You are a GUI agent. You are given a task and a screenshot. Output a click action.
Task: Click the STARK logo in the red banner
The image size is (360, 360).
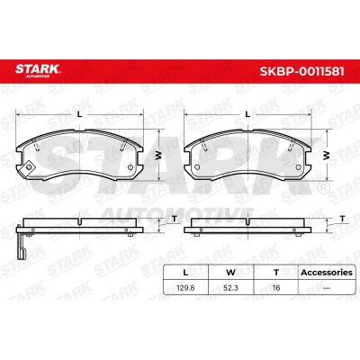click(38, 70)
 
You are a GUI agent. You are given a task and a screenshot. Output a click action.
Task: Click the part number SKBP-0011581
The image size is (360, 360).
click(301, 71)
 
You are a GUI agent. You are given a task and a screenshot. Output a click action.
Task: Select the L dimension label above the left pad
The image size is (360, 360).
click(80, 114)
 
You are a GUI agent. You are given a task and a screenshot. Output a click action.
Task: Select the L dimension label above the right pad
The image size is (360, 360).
click(247, 114)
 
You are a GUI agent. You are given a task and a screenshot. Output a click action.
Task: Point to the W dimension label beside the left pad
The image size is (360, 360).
click(158, 155)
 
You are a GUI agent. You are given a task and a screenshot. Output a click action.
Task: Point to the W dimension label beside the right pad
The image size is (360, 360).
click(327, 155)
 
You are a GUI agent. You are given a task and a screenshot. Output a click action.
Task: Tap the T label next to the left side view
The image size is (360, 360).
click(175, 219)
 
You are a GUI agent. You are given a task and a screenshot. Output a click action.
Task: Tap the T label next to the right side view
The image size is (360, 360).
click(343, 219)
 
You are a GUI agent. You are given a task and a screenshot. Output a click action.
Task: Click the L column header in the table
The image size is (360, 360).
click(185, 273)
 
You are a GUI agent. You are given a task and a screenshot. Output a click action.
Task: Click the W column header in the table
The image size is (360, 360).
click(230, 273)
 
